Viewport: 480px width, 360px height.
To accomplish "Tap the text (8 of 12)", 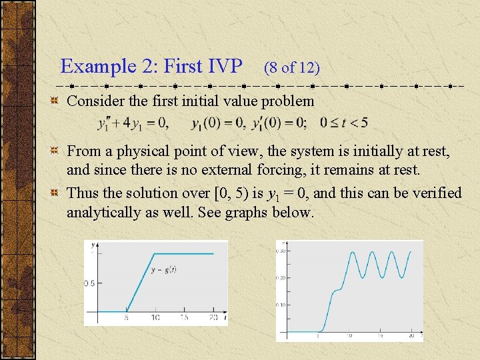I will tap(291, 67).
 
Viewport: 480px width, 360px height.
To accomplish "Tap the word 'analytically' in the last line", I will tap(105, 213).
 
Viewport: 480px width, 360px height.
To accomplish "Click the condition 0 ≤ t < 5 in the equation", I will tap(343, 123).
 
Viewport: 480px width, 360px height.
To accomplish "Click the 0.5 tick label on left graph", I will tap(89, 283).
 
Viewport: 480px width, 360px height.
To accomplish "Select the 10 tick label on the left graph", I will tap(155, 318).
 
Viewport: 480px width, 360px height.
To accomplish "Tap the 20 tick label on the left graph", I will tap(213, 318).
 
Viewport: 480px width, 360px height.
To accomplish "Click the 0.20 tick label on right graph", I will tap(281, 277).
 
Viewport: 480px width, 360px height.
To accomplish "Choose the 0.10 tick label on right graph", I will tap(281, 305).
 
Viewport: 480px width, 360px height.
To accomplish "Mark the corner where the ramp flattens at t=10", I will tap(155, 253).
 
